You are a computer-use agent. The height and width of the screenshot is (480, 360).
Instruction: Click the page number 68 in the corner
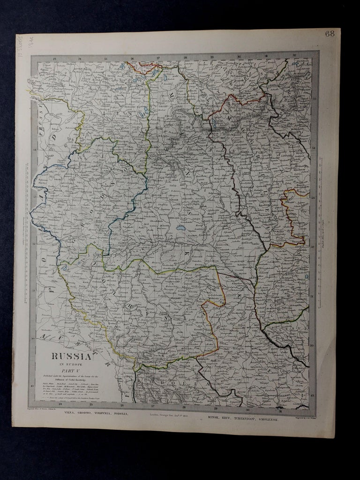[x=330, y=34]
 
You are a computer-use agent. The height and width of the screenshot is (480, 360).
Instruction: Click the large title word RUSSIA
[x=71, y=356]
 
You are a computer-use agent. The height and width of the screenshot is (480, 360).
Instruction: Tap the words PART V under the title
[x=72, y=370]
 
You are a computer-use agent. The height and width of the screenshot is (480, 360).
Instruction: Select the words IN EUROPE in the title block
[x=71, y=364]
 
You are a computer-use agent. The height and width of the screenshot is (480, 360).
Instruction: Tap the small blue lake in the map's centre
[x=180, y=229]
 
